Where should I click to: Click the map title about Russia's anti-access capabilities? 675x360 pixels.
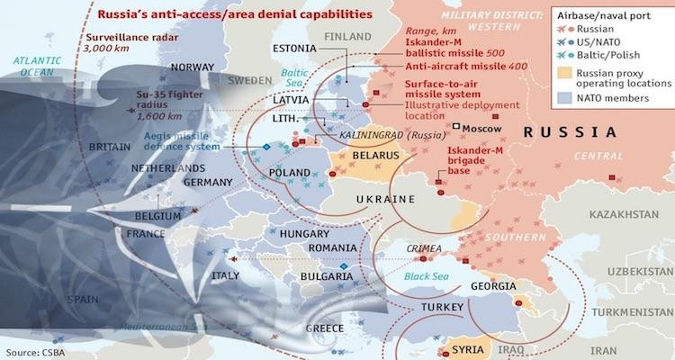coord(237,14)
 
